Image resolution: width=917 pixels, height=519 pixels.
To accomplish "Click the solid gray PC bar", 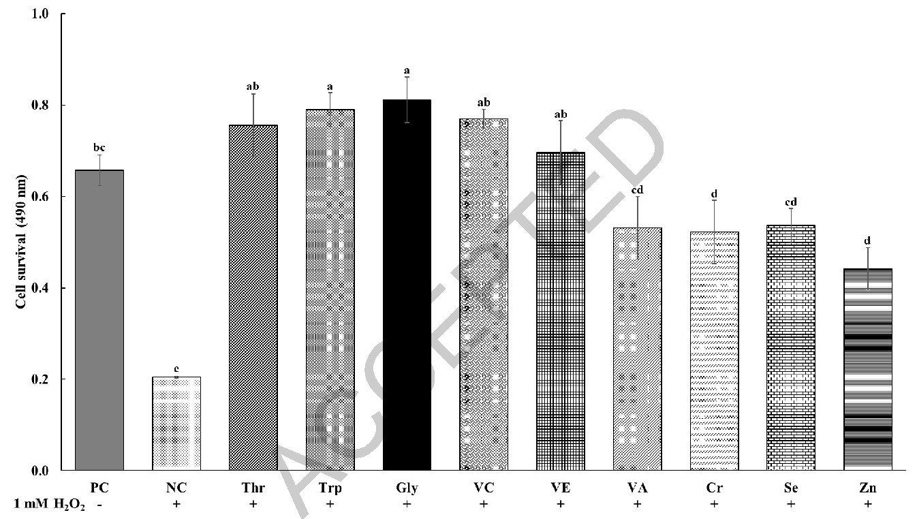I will click(x=99, y=320).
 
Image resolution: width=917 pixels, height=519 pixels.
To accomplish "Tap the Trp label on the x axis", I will click(x=330, y=488).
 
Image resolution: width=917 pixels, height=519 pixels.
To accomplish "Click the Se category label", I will click(x=790, y=488).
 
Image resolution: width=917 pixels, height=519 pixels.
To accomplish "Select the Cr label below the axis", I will click(x=714, y=488).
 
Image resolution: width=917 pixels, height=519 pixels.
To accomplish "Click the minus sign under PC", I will click(x=99, y=503).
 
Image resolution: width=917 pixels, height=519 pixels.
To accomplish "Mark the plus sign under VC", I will click(x=484, y=503).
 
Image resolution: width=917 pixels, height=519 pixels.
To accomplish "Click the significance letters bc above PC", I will click(x=99, y=148).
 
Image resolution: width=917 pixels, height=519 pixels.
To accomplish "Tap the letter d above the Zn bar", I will click(x=867, y=240).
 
